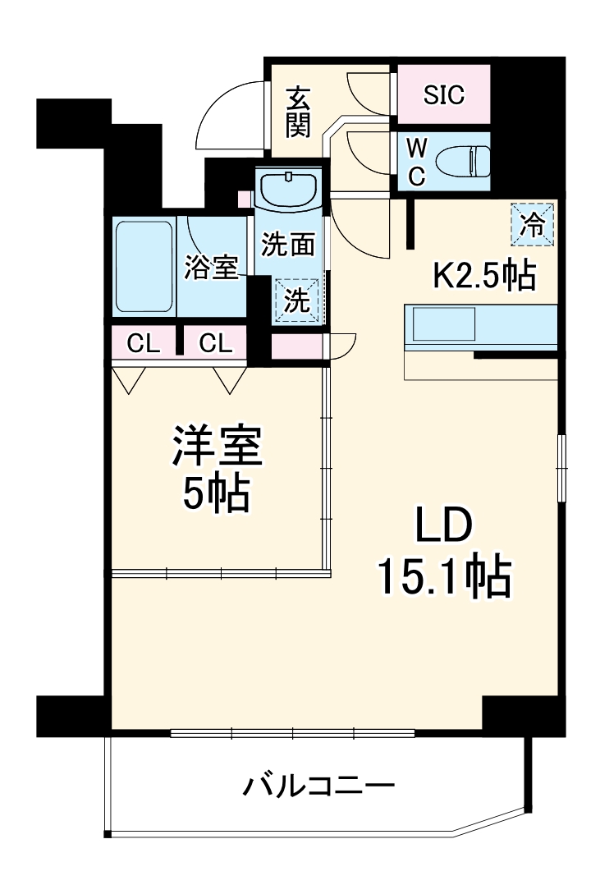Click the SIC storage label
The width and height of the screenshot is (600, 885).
click(x=444, y=94)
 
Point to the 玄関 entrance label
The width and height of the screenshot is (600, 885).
click(x=297, y=112)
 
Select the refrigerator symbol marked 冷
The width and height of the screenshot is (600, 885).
click(x=534, y=223)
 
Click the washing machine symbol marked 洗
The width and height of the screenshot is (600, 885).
click(x=297, y=300)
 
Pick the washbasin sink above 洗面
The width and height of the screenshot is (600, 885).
click(x=289, y=188)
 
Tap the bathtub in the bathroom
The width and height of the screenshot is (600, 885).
click(x=143, y=266)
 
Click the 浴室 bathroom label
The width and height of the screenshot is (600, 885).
click(x=211, y=268)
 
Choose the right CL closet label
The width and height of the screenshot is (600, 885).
click(x=215, y=344)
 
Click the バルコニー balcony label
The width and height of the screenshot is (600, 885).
click(x=318, y=787)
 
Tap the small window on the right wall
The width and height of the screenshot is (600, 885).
click(x=561, y=465)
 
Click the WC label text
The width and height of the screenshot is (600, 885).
click(x=417, y=161)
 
